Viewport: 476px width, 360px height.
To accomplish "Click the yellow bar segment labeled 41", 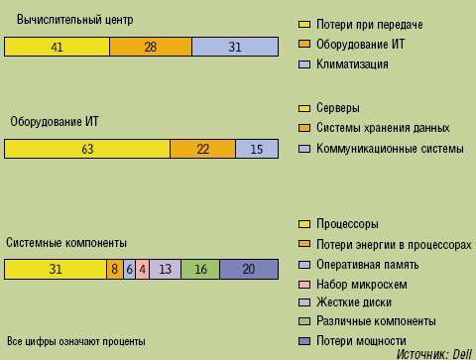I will (x=57, y=47).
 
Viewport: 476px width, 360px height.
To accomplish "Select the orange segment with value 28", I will (x=150, y=47).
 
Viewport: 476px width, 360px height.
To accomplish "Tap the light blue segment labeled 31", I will (x=235, y=47).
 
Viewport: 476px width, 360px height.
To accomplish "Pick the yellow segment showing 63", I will (x=87, y=149).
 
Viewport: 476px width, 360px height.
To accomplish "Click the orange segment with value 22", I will (x=202, y=149).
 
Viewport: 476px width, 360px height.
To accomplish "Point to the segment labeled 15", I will (x=257, y=149).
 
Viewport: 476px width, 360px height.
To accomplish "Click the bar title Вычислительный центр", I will (x=74, y=20).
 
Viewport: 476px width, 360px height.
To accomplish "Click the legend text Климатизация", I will (x=351, y=64).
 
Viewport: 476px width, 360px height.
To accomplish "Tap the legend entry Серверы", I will (x=337, y=107).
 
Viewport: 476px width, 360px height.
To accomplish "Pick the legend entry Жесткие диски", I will (x=354, y=302).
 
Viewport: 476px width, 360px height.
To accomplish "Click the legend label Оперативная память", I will (x=367, y=265).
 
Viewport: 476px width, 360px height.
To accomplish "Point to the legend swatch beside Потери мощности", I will (x=304, y=341).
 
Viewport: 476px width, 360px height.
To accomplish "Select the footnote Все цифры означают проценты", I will (x=75, y=341).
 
